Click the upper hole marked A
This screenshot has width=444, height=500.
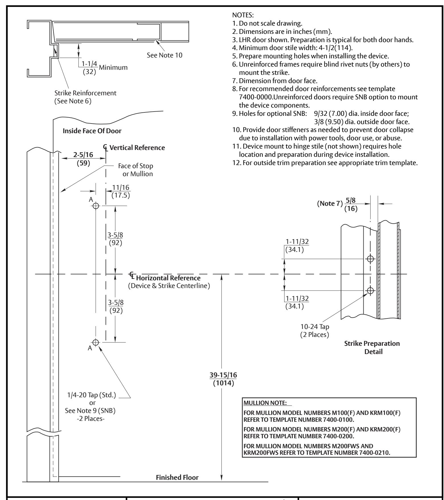pos(96,205)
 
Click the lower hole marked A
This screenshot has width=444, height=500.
pos(96,342)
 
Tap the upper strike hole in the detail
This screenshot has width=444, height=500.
pos(370,259)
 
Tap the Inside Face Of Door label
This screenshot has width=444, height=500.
pos(92,131)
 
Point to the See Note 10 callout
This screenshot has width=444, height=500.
pos(164,55)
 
